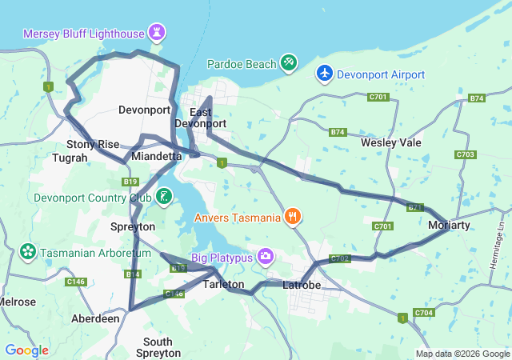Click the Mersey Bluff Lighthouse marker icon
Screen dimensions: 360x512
[x=157, y=34]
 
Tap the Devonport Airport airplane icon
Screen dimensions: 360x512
[x=325, y=74]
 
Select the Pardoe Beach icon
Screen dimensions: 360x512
[x=289, y=62]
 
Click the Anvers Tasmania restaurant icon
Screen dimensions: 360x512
[x=294, y=215]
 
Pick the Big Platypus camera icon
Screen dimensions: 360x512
[x=265, y=257]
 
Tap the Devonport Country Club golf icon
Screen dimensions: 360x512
[x=164, y=196]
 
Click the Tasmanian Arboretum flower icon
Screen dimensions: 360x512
[x=28, y=252]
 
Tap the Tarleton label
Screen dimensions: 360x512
[x=224, y=284]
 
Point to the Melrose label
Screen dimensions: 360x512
[x=17, y=302]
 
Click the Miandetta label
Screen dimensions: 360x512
[x=157, y=156]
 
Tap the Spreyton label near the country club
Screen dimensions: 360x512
[x=132, y=226]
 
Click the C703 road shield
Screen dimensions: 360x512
[x=465, y=154]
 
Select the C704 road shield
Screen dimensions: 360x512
[x=423, y=312]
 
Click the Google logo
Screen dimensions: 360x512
[x=26, y=350]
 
